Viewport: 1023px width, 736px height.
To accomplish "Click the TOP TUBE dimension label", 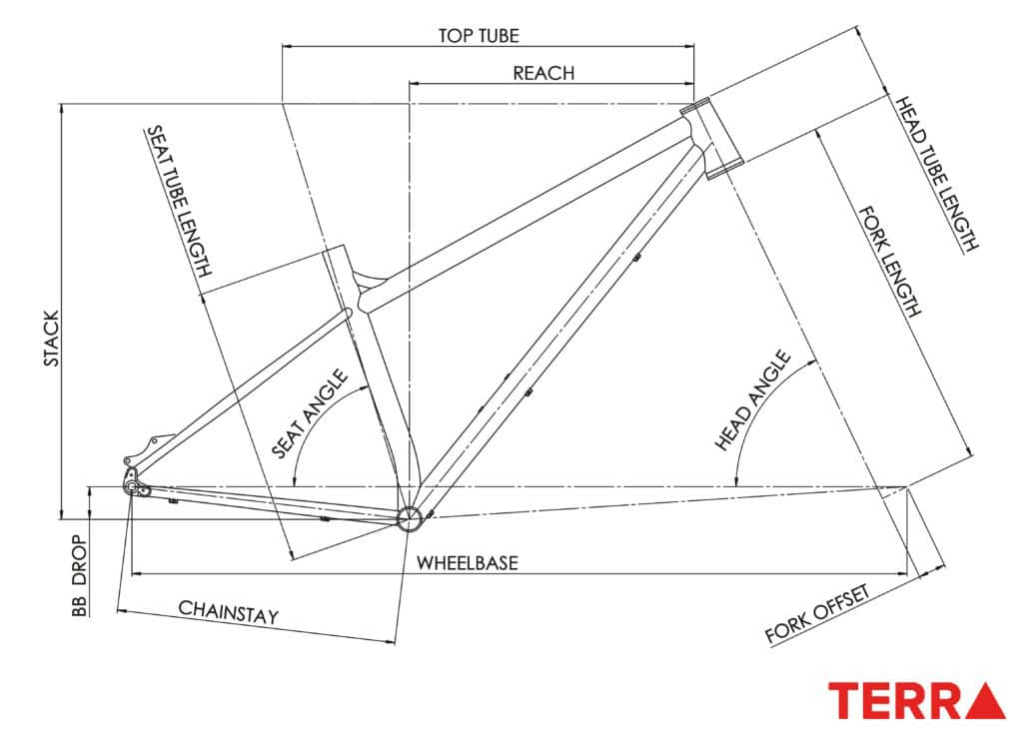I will pos(479,35).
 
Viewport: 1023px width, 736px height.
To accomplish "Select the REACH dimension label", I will pos(543,73).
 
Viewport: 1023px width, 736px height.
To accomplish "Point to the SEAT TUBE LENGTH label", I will pos(180,201).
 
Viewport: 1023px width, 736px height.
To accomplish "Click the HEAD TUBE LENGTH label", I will pos(934,174).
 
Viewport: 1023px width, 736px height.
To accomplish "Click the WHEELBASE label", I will pos(467,563).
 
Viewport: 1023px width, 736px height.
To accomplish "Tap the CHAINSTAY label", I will pos(228,612).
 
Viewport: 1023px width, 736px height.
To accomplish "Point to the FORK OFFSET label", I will pos(818,613).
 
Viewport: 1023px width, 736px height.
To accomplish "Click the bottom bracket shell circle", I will pos(408,517).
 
